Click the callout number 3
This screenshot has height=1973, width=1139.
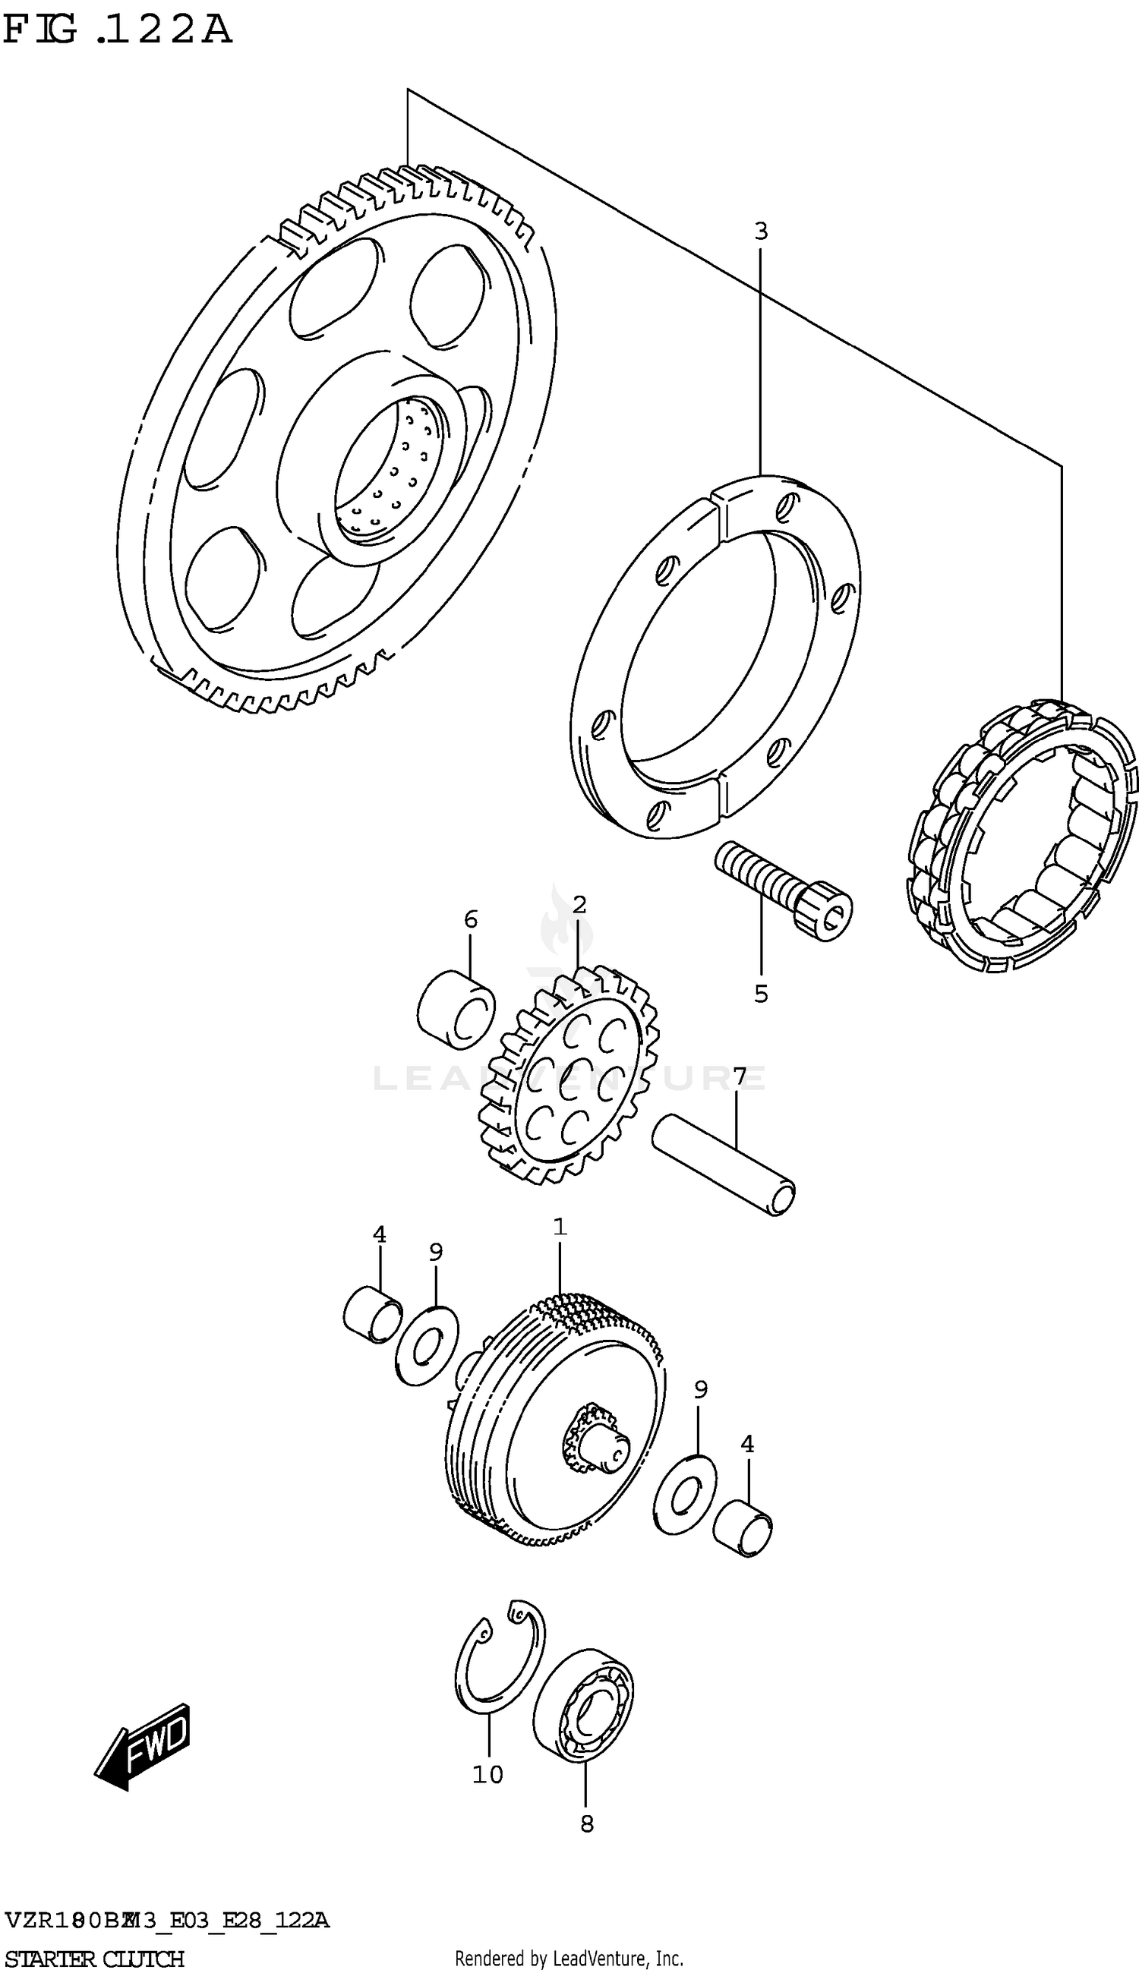[x=760, y=232]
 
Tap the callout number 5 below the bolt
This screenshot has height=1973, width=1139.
[x=760, y=994]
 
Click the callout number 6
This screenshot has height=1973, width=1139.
[x=470, y=919]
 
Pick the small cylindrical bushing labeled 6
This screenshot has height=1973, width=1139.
[x=456, y=1009]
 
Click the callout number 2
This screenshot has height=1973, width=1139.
[x=579, y=905]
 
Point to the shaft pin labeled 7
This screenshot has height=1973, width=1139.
[x=724, y=1165]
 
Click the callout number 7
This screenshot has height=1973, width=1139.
[x=739, y=1076]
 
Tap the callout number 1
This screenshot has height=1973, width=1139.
[x=560, y=1227]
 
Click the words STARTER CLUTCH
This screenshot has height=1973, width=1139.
[x=94, y=1953]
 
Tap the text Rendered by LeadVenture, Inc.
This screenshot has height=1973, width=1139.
[x=569, y=1953]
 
